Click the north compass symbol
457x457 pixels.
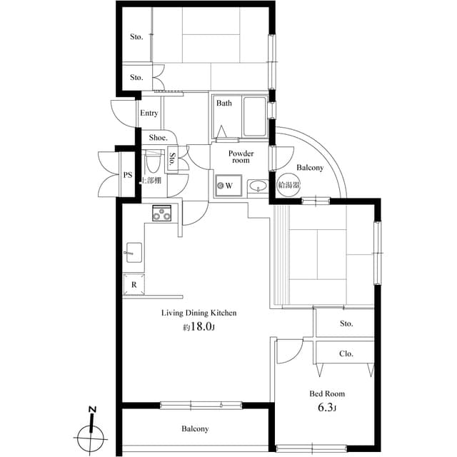tap(91, 431)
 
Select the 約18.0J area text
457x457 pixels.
tap(199, 328)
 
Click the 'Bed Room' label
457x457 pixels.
tap(327, 393)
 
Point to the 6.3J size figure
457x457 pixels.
tap(327, 408)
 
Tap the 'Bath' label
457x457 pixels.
tap(224, 104)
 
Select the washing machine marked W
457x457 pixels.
tap(225, 186)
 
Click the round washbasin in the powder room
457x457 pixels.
tap(258, 187)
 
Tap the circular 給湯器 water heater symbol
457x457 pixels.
tap(288, 185)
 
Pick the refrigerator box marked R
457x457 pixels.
tap(134, 284)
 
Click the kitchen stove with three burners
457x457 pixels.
tap(164, 213)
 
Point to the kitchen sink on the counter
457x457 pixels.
tap(133, 252)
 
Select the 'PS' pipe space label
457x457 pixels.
tap(128, 174)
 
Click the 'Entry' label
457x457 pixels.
tap(149, 114)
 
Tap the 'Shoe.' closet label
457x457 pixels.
tap(158, 137)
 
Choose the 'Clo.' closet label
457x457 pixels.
tap(346, 353)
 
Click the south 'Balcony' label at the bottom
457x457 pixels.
tap(194, 429)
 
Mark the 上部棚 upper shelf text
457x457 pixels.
tap(151, 181)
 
